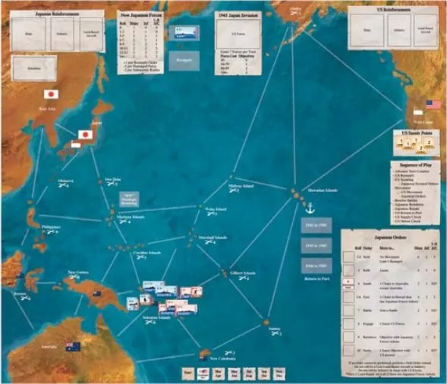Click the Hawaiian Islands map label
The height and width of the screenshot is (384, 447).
pyautogui.click(x=320, y=190)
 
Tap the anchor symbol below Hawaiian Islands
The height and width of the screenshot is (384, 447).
pyautogui.click(x=309, y=207)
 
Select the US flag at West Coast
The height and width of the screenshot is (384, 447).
pyautogui.click(x=433, y=104)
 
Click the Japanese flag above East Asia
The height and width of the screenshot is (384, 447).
pyautogui.click(x=51, y=95)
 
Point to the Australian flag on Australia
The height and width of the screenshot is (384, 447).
pyautogui.click(x=73, y=347)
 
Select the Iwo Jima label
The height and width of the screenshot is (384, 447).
pyautogui.click(x=112, y=179)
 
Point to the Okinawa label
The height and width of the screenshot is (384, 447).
pyautogui.click(x=66, y=181)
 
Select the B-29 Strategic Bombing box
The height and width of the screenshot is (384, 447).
pyautogui.click(x=130, y=200)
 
